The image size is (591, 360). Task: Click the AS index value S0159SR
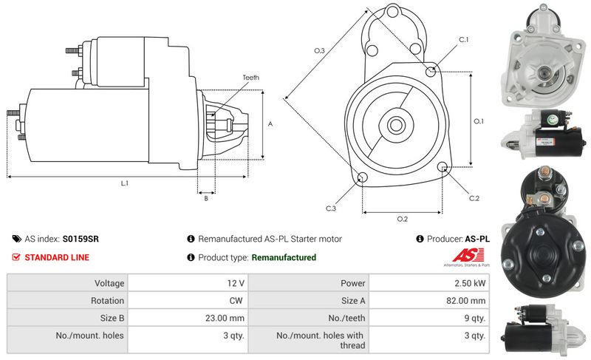(x=81, y=239)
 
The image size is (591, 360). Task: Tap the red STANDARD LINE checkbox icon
(x=16, y=257)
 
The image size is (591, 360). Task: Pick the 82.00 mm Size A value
(x=467, y=301)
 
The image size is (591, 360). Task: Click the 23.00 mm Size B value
(x=227, y=319)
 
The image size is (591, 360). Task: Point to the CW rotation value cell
(x=236, y=301)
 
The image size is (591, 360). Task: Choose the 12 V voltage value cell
(x=236, y=282)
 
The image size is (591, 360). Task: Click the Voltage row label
(x=109, y=282)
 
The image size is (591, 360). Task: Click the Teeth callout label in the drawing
(x=250, y=78)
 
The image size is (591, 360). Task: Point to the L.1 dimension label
(x=124, y=183)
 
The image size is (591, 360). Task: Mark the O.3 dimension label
(x=319, y=50)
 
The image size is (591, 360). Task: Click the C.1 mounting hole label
(x=464, y=39)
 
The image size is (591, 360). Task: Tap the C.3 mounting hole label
(x=331, y=209)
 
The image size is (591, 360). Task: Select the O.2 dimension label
(x=403, y=219)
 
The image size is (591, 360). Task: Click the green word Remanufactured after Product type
(x=284, y=257)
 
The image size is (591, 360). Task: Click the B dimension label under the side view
(x=206, y=197)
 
